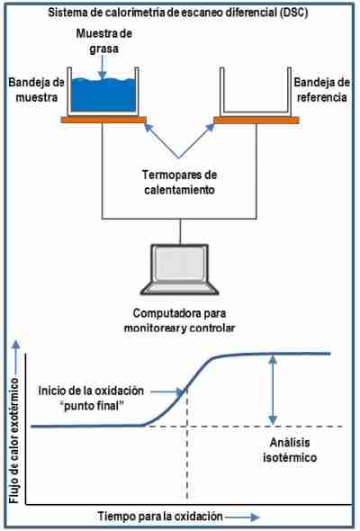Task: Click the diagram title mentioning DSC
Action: click(178, 13)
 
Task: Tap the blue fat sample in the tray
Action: click(103, 95)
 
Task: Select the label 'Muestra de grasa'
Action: click(104, 41)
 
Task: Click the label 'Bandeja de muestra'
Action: click(36, 90)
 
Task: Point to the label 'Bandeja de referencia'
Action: click(321, 90)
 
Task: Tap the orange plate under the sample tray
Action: click(103, 120)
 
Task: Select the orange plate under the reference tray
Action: click(256, 120)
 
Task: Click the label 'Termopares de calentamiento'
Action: click(179, 182)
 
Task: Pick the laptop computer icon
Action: click(180, 270)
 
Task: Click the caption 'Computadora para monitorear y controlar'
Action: click(179, 320)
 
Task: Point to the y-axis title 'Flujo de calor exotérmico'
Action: click(14, 440)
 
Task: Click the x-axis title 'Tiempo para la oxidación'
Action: click(160, 517)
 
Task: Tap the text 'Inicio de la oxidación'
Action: click(91, 391)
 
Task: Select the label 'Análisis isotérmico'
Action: click(290, 450)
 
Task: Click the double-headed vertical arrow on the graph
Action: click(273, 390)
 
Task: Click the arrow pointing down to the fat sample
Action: click(103, 68)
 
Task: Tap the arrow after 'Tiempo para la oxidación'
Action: click(242, 517)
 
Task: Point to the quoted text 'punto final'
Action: click(92, 406)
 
